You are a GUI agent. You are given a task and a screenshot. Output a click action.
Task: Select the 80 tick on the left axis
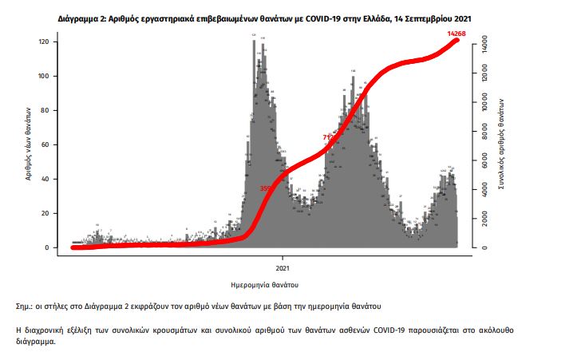pos(45,110)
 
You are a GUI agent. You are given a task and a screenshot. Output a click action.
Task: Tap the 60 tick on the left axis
pos(45,144)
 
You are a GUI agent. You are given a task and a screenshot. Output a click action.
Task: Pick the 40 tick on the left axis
pos(45,179)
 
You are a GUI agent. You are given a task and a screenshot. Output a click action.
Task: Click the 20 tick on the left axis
pos(45,213)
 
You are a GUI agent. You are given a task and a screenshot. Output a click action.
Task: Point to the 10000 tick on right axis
pos(480,103)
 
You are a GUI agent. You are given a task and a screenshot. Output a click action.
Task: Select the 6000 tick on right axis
pos(480,161)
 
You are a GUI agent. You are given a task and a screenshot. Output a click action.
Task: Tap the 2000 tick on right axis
pos(480,219)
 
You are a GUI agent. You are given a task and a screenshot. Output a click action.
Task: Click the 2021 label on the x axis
pos(283,267)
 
